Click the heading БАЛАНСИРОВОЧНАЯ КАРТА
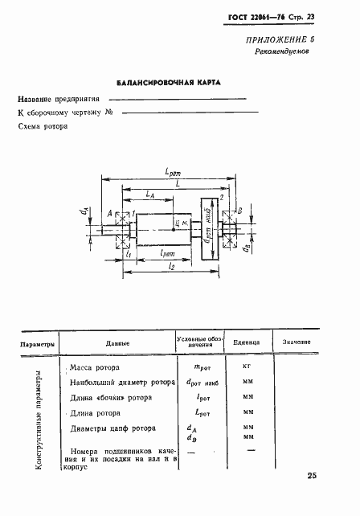pyautogui.click(x=168, y=82)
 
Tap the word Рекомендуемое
pyautogui.click(x=281, y=50)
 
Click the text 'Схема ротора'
pyautogui.click(x=44, y=128)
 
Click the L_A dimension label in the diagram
pyautogui.click(x=150, y=195)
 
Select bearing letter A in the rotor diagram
pyautogui.click(x=108, y=213)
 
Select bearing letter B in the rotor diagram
pyautogui.click(x=239, y=211)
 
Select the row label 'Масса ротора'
pyautogui.click(x=95, y=366)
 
